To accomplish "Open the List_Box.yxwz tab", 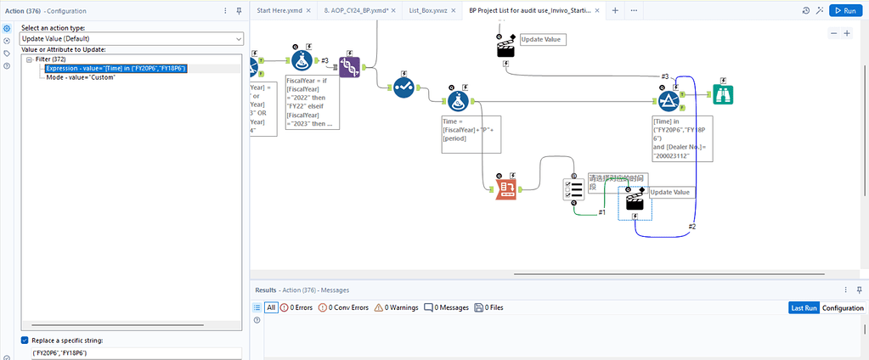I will pos(428,10).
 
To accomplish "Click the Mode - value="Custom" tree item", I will pos(82,77).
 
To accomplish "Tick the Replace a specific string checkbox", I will pos(25,340).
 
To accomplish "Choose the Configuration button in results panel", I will pos(843,307).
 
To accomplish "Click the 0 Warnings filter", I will pos(396,307).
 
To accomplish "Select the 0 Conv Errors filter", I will pos(343,307).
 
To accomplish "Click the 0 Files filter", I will pos(488,307).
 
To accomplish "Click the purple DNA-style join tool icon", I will pos(350,67).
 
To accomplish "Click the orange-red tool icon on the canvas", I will pos(505,189).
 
